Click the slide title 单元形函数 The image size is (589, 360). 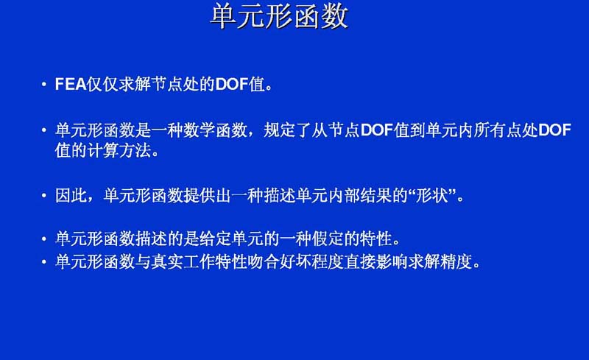pos(279,16)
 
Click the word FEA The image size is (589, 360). pos(71,84)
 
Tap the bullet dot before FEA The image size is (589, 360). pos(44,85)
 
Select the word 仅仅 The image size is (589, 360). pos(103,84)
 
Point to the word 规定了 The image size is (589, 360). pos(287,130)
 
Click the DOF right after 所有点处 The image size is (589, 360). pos(554,130)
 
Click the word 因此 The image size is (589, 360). pos(71,196)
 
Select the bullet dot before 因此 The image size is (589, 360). pos(44,196)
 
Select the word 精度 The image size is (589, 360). pos(456,261)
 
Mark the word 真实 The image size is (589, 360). pos(167,261)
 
